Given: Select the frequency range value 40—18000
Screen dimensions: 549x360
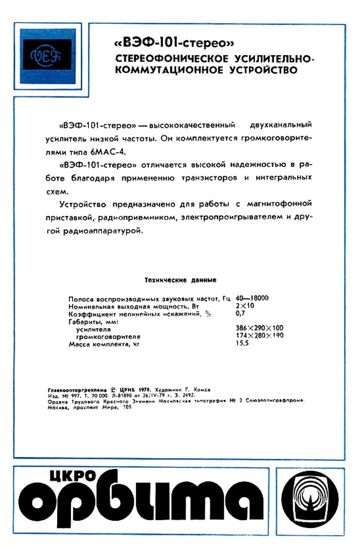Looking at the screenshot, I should [253, 299].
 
